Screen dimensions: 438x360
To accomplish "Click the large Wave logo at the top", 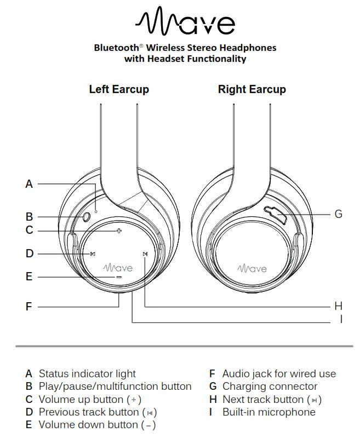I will tap(185, 22).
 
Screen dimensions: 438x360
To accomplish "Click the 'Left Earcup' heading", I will tap(119, 89).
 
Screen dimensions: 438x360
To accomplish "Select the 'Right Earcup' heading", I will tap(252, 89).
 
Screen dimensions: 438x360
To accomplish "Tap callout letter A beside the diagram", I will tap(29, 185).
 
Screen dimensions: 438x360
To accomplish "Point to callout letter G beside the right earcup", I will tap(338, 214).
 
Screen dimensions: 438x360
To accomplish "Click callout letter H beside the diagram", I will tap(338, 307).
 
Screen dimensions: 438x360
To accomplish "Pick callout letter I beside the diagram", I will tap(341, 319).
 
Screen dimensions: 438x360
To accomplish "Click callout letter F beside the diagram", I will tap(29, 307).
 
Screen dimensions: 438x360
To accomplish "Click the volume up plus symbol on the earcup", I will tap(118, 231).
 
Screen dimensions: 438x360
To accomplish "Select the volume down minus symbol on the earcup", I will tap(118, 277).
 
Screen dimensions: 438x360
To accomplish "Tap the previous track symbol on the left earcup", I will tap(93, 253).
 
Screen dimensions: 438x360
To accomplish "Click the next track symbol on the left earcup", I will tap(145, 253).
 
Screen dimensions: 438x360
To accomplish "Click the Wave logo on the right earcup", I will tap(252, 268).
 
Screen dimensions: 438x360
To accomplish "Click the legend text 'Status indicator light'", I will tap(87, 374).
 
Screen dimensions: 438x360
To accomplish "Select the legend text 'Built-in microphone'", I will tap(268, 412).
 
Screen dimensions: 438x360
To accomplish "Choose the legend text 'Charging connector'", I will tap(270, 387).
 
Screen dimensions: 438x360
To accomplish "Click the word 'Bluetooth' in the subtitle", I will tap(117, 48).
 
